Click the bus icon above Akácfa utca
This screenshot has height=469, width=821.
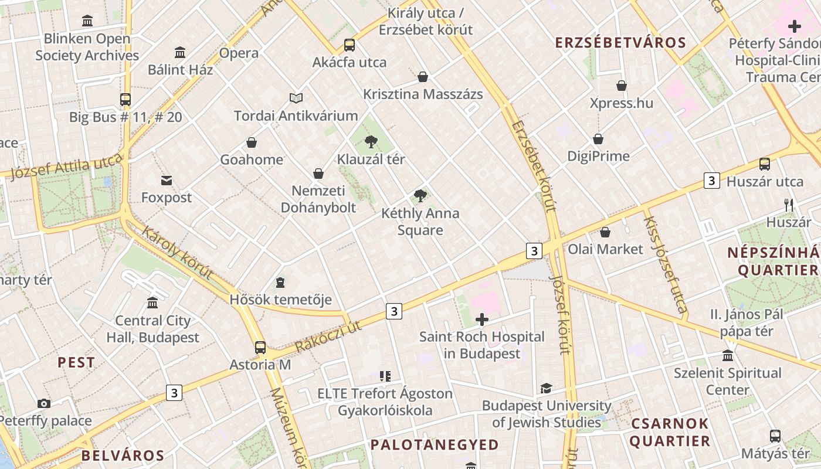350,45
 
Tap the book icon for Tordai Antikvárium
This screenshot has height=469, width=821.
296,98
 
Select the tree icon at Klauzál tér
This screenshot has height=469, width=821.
371,141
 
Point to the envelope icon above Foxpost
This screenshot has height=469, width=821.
167,180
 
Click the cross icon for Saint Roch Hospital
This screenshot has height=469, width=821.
482,320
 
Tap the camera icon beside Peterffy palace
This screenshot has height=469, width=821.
43,403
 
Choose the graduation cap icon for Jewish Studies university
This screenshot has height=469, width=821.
546,388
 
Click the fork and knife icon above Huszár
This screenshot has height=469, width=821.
789,205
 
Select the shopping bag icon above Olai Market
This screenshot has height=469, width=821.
605,232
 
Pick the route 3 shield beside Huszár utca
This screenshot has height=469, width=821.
712,181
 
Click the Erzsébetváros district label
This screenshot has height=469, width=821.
620,43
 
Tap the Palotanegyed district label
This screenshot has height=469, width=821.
435,445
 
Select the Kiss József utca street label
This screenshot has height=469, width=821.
665,264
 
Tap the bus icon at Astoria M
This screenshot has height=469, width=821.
260,347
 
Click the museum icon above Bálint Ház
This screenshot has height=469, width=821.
180,52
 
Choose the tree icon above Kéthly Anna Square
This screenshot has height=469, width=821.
420,196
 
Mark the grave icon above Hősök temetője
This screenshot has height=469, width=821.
280,283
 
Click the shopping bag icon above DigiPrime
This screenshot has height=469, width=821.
598,139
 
